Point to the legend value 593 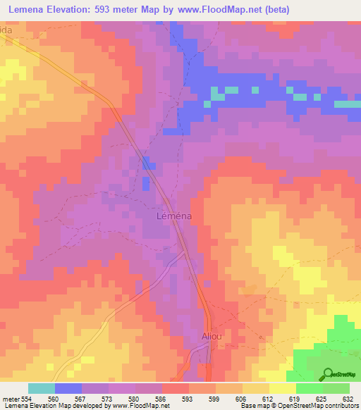point(188,398)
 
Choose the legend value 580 point(135,398)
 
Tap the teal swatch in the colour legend point(41,388)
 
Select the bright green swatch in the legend point(309,388)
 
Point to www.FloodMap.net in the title point(220,11)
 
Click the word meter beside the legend point(11,398)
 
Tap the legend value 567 point(82,398)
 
